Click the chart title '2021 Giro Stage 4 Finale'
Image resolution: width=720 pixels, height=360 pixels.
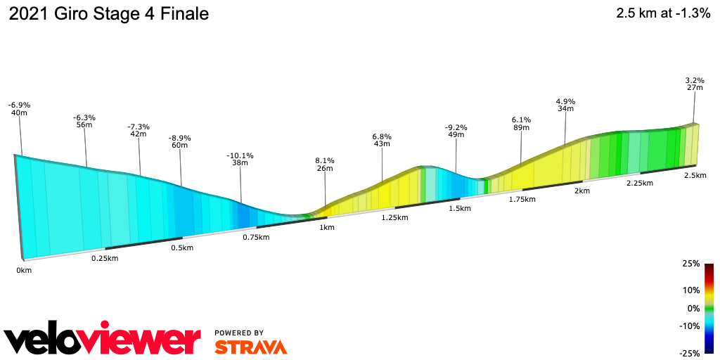(x=109, y=14)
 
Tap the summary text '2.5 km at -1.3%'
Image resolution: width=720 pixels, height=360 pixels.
(x=663, y=13)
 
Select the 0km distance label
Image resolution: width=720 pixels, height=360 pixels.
(x=25, y=270)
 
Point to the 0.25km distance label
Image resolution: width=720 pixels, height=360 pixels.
(x=105, y=258)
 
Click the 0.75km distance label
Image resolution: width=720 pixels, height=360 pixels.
(x=256, y=237)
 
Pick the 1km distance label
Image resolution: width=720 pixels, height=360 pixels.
(x=326, y=228)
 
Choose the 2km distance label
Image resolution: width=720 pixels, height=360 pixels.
(x=581, y=191)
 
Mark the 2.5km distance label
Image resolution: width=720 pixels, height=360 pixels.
(x=695, y=175)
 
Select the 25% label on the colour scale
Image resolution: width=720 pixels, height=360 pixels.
(x=691, y=264)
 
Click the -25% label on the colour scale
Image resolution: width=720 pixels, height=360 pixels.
(x=690, y=353)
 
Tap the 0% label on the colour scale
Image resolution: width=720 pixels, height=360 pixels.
(x=693, y=308)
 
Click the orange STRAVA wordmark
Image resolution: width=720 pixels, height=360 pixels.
(x=250, y=347)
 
